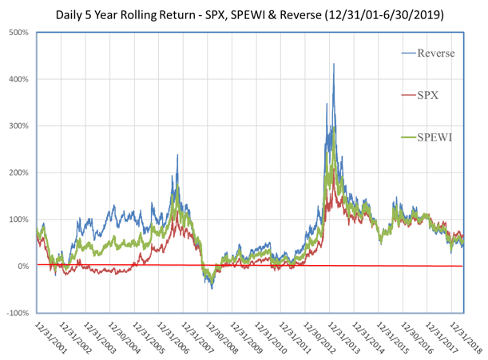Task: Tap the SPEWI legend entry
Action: coord(434,138)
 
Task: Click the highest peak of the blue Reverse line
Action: coord(334,65)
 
